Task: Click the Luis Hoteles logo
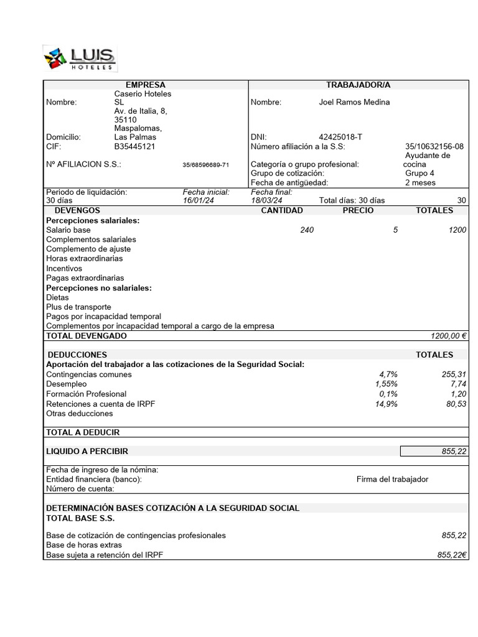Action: pos(80,58)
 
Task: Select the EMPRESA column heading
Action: pos(145,85)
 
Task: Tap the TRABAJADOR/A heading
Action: pos(358,85)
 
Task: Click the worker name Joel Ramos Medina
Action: pos(354,102)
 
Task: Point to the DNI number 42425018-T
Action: pos(340,137)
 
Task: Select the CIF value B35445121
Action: pos(134,146)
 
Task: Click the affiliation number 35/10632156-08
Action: pos(434,146)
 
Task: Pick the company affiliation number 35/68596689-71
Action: pos(205,165)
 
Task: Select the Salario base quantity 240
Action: pos(306,230)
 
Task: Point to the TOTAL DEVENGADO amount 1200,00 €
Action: pos(448,336)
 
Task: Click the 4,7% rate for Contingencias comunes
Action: pos(388,374)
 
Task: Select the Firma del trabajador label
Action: pos(392,479)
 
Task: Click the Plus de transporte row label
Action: pos(78,307)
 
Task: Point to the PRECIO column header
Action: pos(358,210)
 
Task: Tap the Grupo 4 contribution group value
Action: pos(419,174)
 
